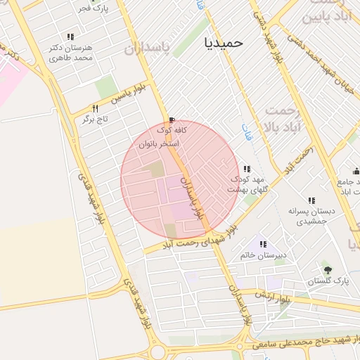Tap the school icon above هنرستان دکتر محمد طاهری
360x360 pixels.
pos(70,37)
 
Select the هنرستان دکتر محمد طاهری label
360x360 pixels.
pos(71,53)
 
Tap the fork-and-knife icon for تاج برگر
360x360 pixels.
pos(95,108)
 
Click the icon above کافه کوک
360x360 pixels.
pos(172,120)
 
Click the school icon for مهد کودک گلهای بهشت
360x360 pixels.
pos(247,169)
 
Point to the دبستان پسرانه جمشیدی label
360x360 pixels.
pos(311,215)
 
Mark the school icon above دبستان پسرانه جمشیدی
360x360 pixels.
pos(311,200)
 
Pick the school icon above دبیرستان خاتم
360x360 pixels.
pos(263,244)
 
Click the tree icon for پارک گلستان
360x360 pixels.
pos(328,270)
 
